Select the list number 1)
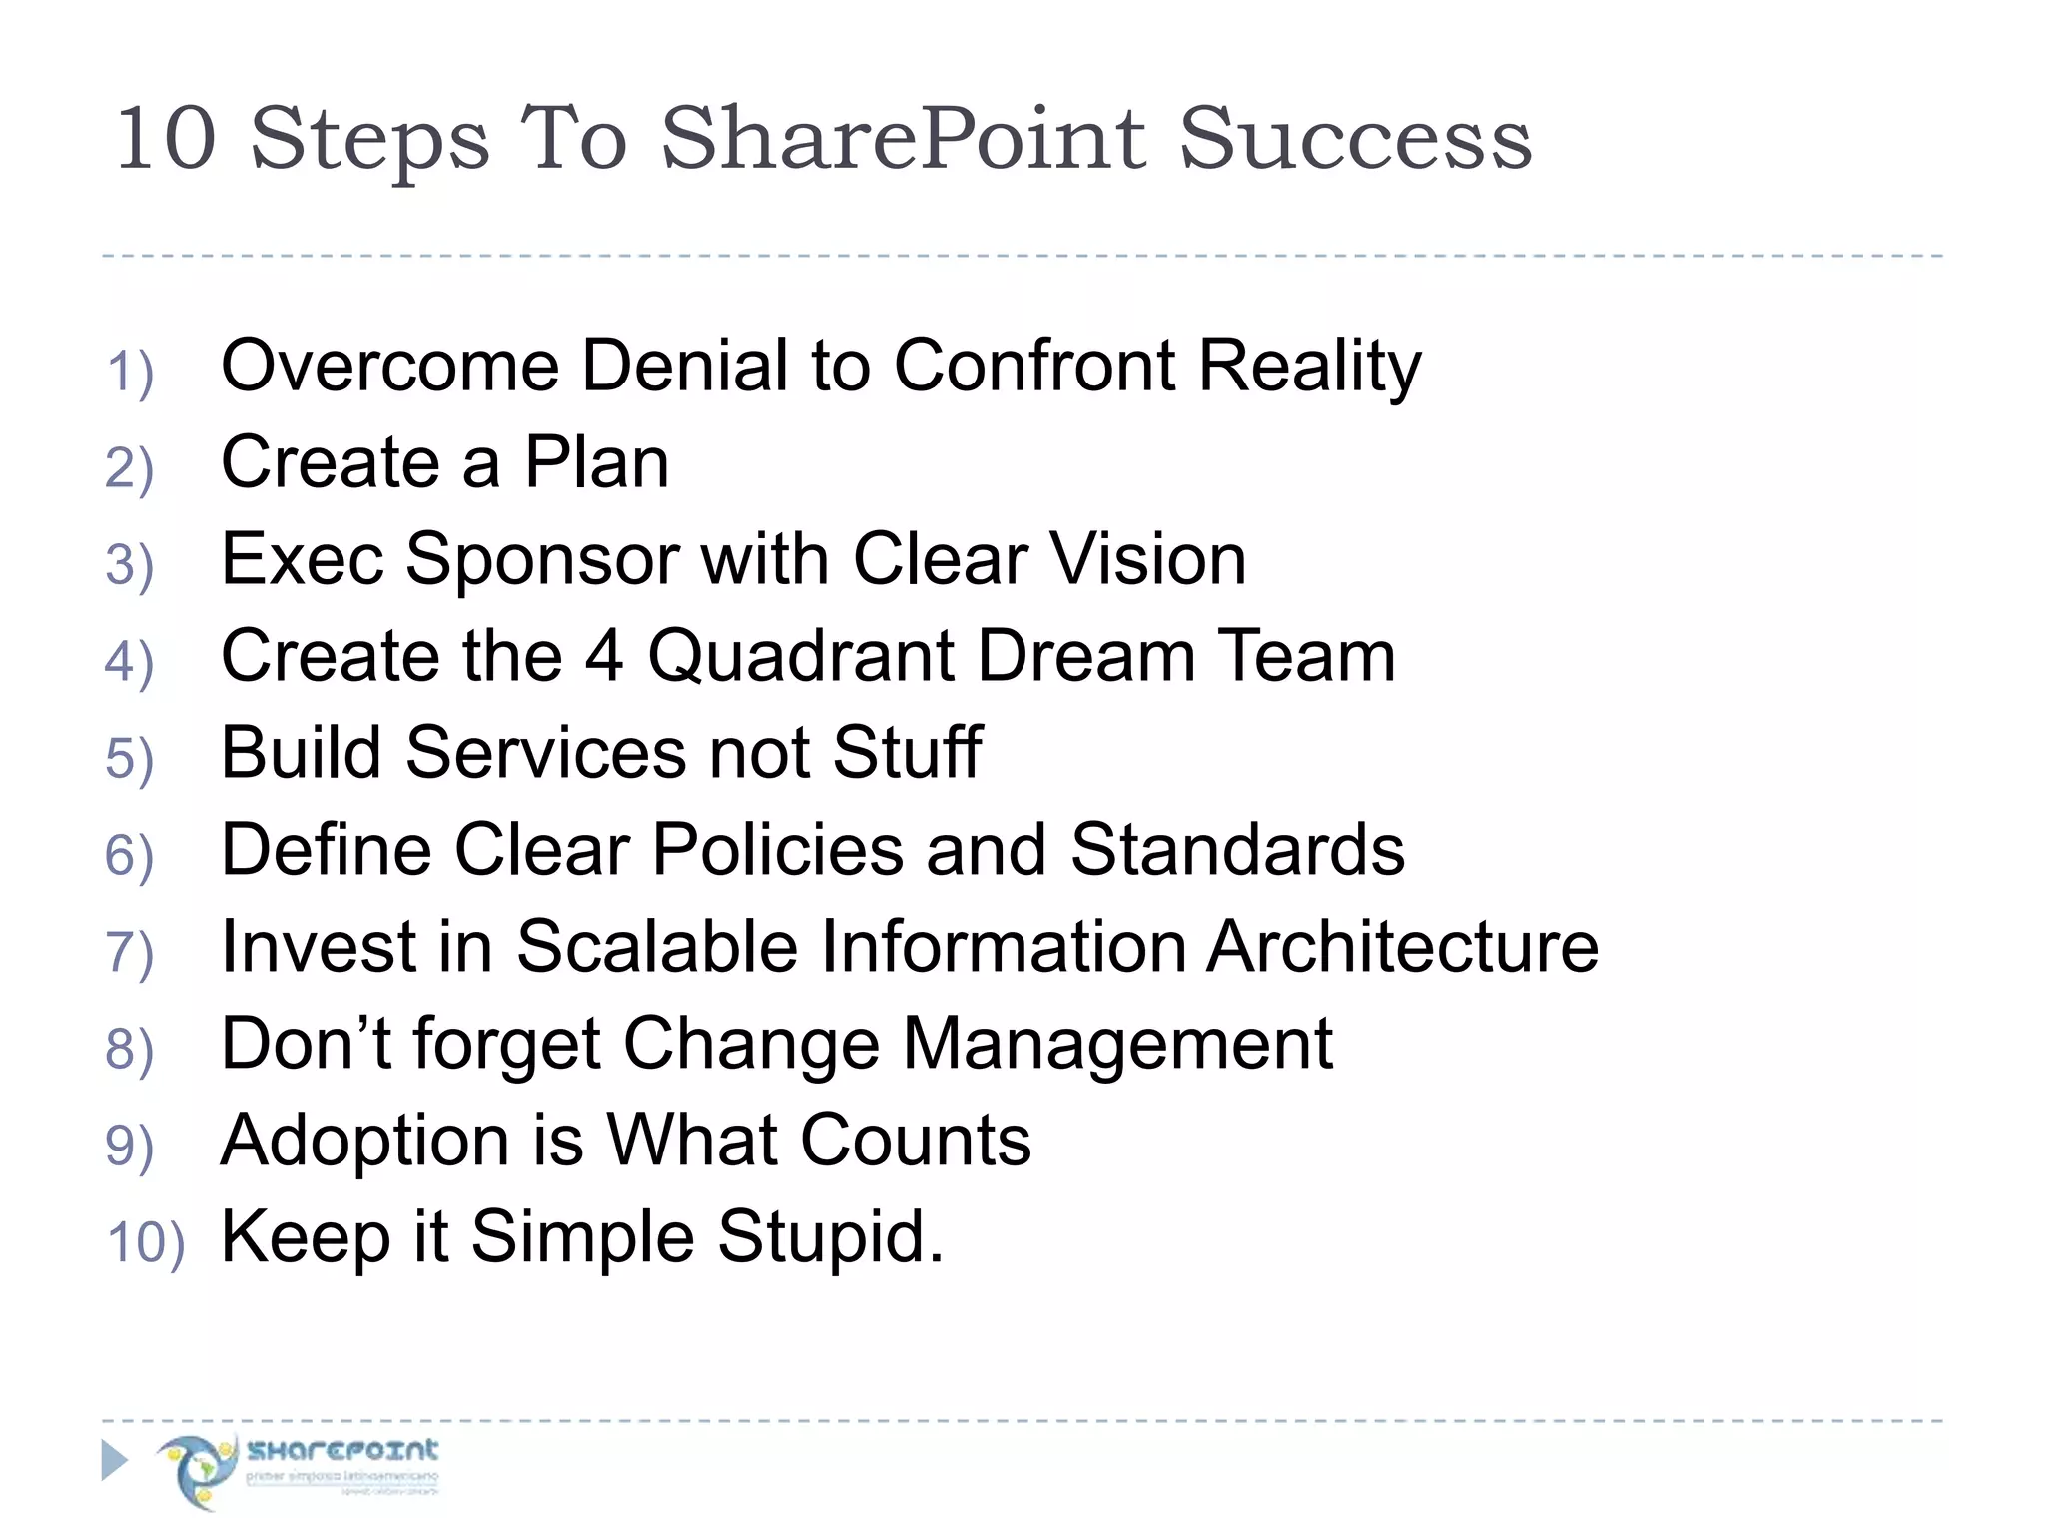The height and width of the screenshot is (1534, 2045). click(130, 373)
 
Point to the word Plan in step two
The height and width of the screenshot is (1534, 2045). click(596, 462)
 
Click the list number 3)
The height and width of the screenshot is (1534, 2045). click(130, 566)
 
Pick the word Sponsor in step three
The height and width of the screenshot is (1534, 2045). click(542, 559)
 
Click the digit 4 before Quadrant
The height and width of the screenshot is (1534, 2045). click(604, 656)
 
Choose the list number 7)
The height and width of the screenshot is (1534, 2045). click(130, 954)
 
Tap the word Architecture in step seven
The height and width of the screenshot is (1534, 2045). click(1402, 947)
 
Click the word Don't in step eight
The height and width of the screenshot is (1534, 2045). click(306, 1044)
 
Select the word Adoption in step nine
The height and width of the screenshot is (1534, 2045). click(365, 1141)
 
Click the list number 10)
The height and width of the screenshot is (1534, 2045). click(146, 1244)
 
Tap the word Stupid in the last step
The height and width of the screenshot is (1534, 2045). click(829, 1237)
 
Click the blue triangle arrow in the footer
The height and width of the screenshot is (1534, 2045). click(115, 1461)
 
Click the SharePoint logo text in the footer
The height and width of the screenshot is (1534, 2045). click(342, 1450)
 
